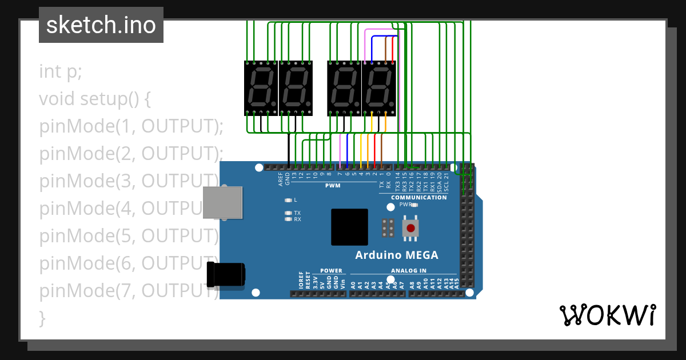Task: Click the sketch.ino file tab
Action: pyautogui.click(x=101, y=25)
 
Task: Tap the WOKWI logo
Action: pyautogui.click(x=607, y=315)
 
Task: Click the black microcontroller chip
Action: pyautogui.click(x=349, y=227)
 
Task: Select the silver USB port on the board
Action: pyautogui.click(x=222, y=202)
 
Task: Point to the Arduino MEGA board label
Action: pyautogui.click(x=397, y=255)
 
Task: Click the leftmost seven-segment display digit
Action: pyautogui.click(x=261, y=88)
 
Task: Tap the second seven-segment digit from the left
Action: pyautogui.click(x=296, y=88)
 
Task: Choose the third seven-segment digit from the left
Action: pyautogui.click(x=344, y=88)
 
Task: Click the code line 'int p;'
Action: pyautogui.click(x=61, y=72)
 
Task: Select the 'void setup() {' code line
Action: pyautogui.click(x=95, y=99)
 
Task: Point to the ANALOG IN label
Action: pyautogui.click(x=408, y=271)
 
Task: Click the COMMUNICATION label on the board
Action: pyautogui.click(x=419, y=198)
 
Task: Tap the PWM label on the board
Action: pyautogui.click(x=333, y=186)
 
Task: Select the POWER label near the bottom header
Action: pyautogui.click(x=331, y=271)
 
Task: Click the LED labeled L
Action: pyautogui.click(x=288, y=201)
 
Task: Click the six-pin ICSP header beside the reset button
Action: pyautogui.click(x=388, y=228)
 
